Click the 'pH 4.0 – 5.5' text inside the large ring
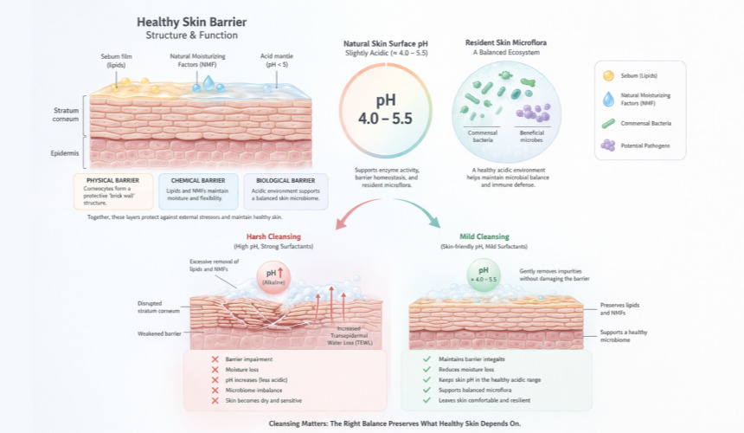(x=377, y=107)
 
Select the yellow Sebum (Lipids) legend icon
(x=610, y=76)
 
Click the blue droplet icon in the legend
(x=610, y=99)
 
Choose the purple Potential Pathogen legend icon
(x=610, y=145)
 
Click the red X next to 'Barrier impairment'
(x=214, y=359)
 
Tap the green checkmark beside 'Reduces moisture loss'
(x=426, y=370)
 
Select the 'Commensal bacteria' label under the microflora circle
(x=483, y=136)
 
